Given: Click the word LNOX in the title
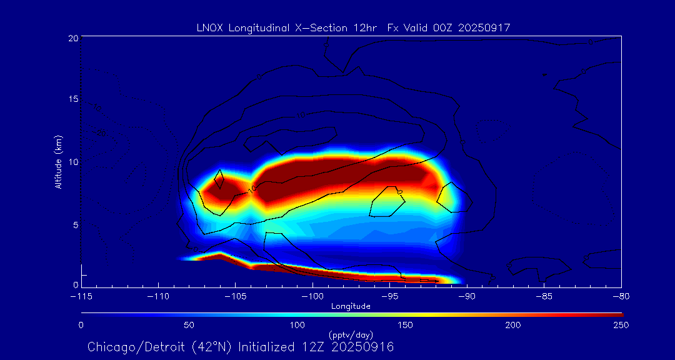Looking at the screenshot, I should (208, 27).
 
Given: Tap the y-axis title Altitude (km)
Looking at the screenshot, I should (59, 162).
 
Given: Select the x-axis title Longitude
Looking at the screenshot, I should (351, 306).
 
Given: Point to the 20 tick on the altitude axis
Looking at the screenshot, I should (72, 38).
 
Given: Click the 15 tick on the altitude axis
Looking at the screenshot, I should (72, 100).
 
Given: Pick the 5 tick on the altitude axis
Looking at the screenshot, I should (74, 224).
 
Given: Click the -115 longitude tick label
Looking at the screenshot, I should (81, 296).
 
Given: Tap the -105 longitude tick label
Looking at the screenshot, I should (235, 296).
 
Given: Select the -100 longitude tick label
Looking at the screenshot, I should (312, 296).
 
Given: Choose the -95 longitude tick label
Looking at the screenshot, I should (390, 296).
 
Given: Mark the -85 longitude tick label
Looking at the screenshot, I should (544, 296).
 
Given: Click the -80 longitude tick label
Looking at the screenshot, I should (621, 296).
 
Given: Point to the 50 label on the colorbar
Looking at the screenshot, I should (189, 325).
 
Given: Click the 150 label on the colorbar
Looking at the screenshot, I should (405, 325).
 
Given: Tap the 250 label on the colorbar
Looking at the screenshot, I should (621, 325).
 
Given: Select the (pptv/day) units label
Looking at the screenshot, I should (351, 335).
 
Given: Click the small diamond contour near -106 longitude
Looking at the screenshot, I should (219, 179).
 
